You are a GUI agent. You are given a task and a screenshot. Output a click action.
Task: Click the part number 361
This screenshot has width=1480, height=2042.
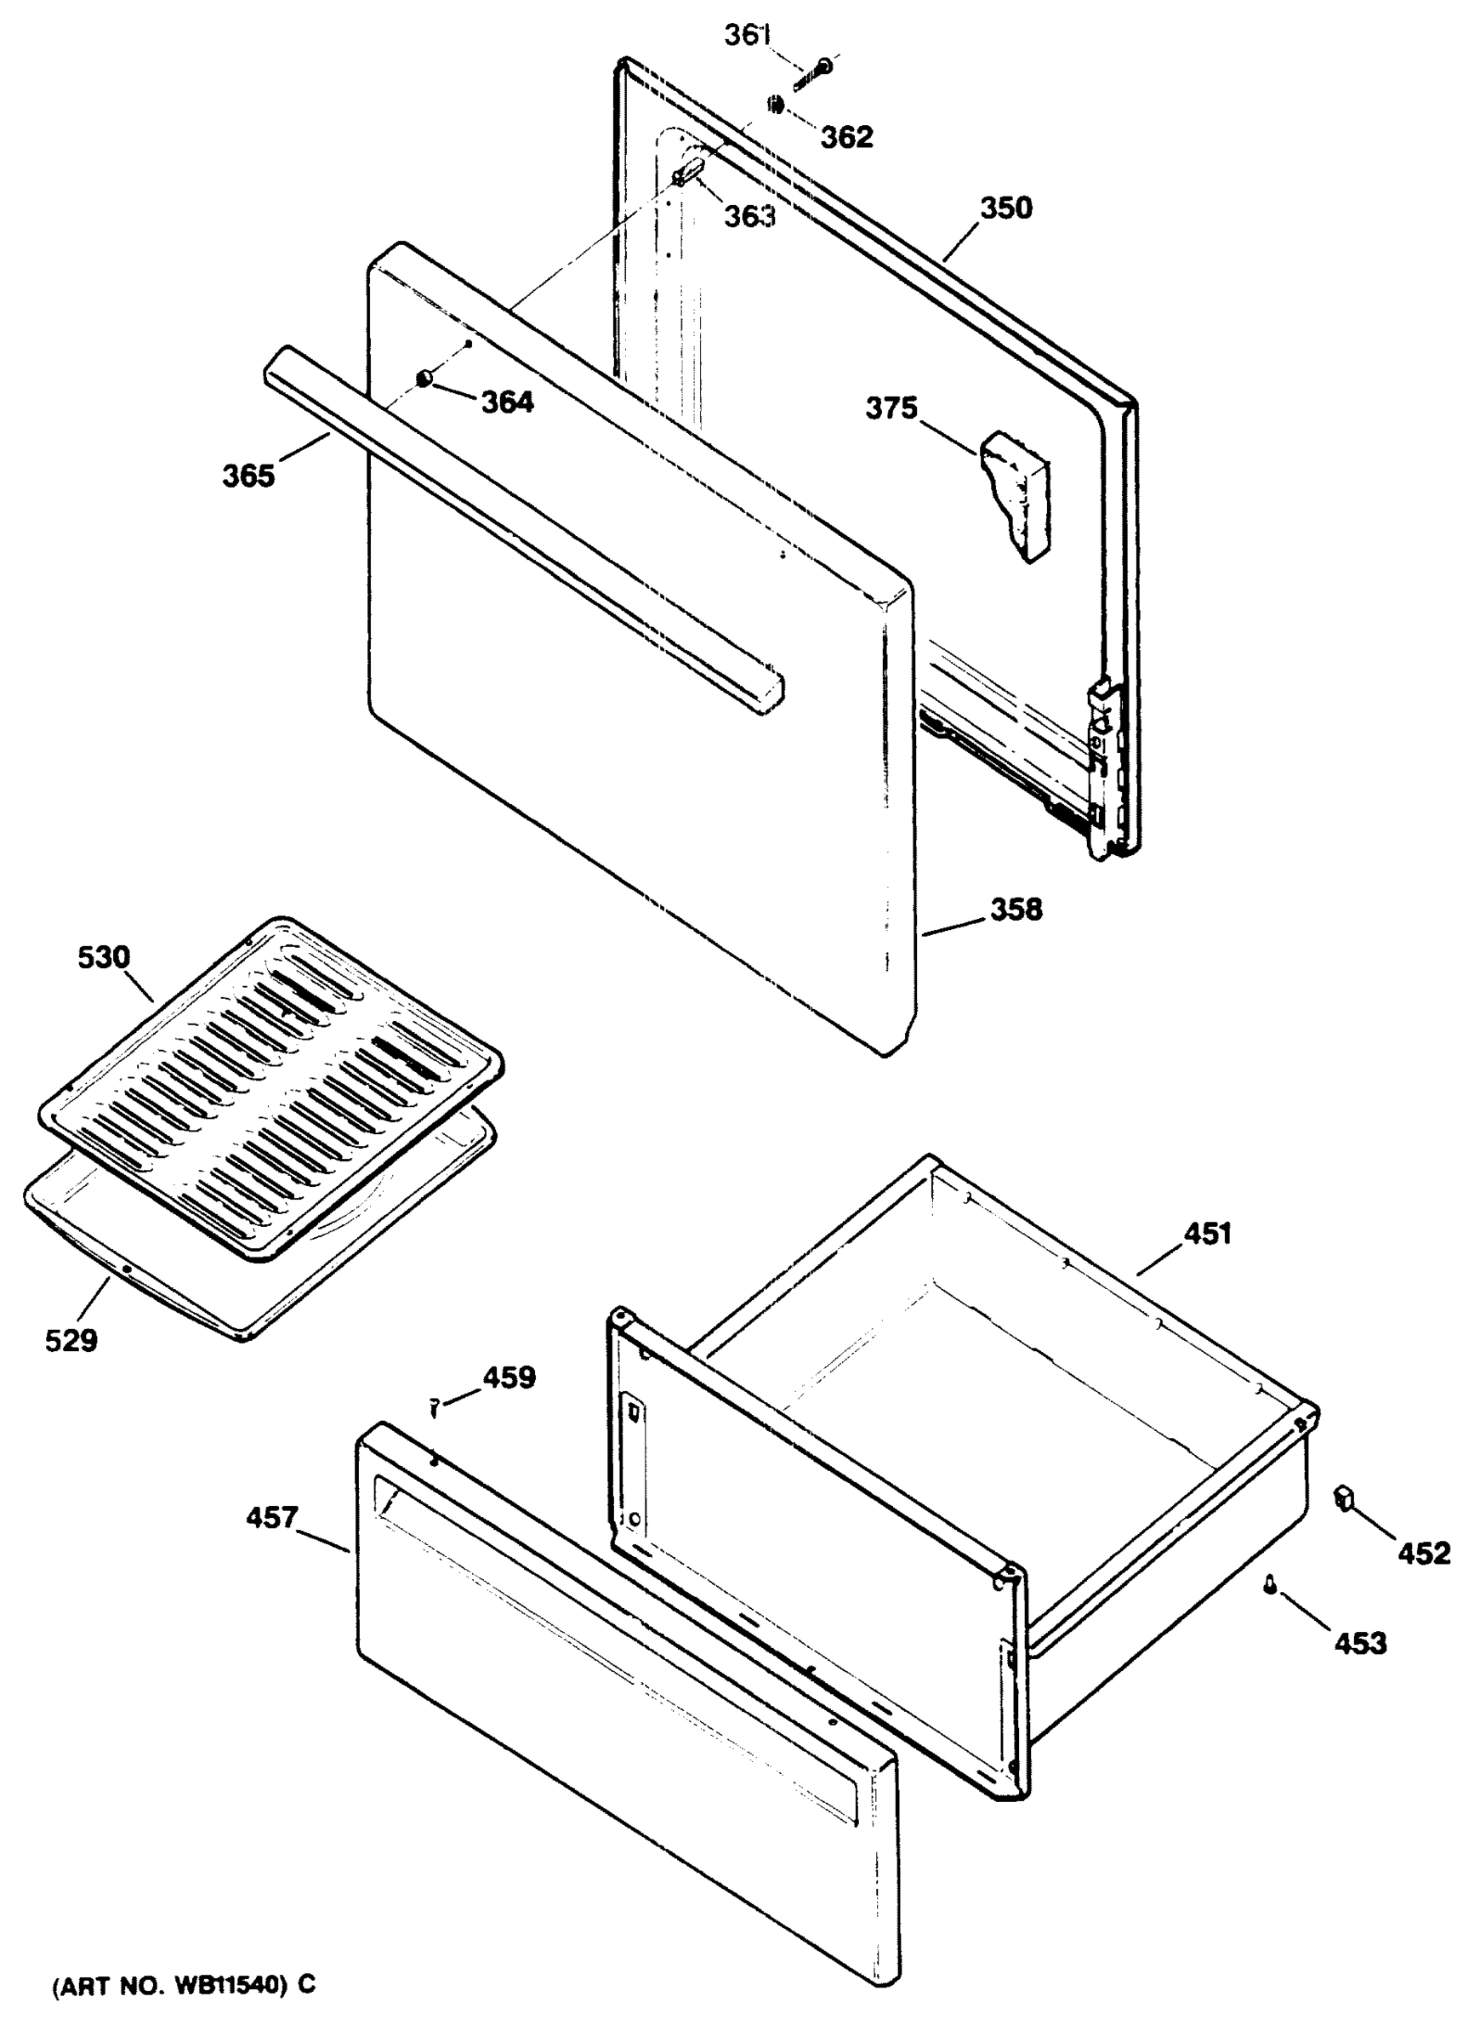(x=747, y=36)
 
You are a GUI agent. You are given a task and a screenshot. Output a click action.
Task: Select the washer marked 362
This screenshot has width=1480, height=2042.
(x=774, y=106)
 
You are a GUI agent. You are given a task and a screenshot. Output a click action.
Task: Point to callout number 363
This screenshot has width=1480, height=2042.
(x=750, y=216)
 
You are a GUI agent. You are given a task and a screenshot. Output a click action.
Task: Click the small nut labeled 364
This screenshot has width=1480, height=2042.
(x=423, y=380)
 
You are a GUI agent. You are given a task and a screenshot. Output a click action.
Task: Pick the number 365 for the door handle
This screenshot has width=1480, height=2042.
(x=248, y=476)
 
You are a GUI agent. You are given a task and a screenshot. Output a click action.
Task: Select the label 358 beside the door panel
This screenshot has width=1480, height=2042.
(x=1016, y=910)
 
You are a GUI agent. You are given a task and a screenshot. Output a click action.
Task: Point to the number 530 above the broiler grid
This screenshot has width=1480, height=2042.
(x=104, y=957)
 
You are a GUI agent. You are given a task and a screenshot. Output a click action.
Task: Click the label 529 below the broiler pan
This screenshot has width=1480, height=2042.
(x=71, y=1341)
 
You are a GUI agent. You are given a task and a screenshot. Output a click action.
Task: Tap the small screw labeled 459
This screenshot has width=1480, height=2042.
(x=435, y=1406)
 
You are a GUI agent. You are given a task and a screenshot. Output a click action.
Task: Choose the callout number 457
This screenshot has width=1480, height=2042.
(x=272, y=1518)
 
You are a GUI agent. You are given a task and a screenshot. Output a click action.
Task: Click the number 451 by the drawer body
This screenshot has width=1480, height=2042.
(x=1206, y=1234)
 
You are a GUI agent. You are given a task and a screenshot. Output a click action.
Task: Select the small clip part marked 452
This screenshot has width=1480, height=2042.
(x=1345, y=1498)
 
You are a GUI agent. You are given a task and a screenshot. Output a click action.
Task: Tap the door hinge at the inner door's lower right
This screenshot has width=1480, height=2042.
(x=1104, y=765)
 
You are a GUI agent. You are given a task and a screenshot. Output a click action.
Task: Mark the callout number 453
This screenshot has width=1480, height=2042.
(x=1359, y=1643)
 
